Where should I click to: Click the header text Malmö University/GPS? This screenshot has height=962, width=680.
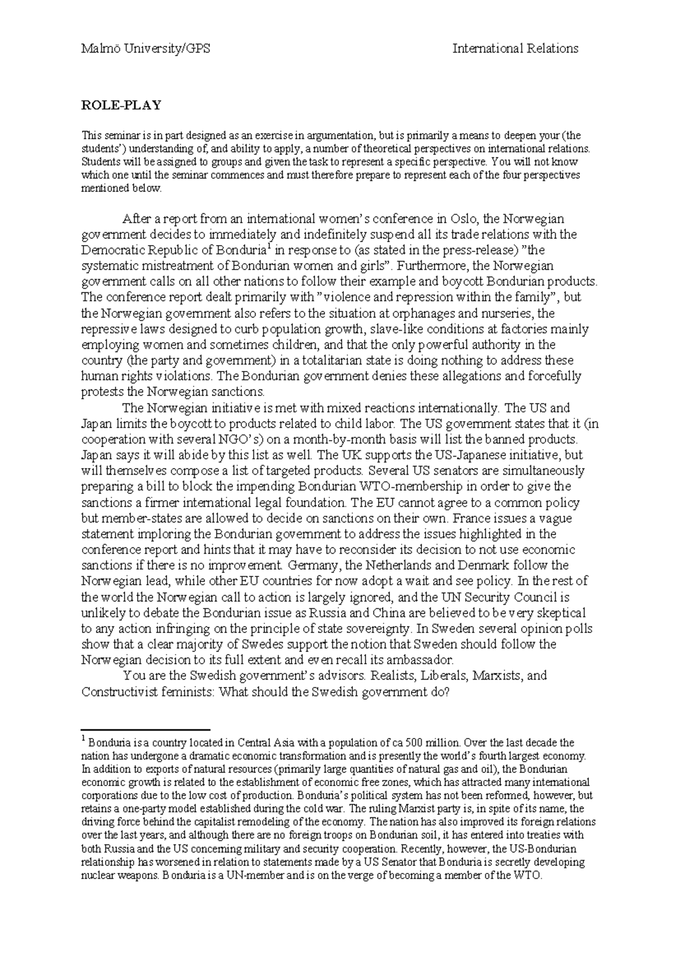[146, 49]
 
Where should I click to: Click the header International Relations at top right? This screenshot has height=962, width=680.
[515, 49]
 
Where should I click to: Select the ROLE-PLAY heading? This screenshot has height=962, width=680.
[121, 105]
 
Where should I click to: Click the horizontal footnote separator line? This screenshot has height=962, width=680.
[146, 728]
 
